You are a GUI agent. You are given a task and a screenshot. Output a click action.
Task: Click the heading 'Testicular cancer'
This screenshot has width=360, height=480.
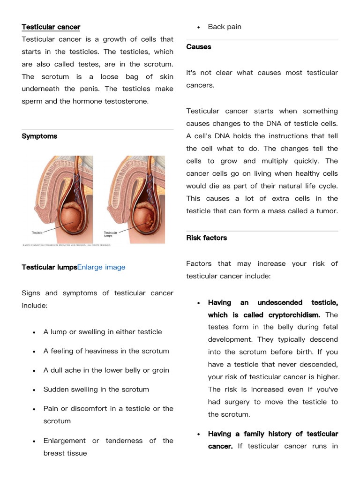pyautogui.click(x=51, y=27)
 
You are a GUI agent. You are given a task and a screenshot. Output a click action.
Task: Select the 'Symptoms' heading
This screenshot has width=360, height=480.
pyautogui.click(x=39, y=136)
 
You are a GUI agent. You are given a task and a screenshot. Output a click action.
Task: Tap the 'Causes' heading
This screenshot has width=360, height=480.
pyautogui.click(x=199, y=46)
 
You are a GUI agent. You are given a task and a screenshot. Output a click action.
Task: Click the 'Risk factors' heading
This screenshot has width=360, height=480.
pyautogui.click(x=206, y=238)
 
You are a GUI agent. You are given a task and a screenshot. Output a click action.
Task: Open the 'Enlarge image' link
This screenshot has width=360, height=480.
pyautogui.click(x=101, y=267)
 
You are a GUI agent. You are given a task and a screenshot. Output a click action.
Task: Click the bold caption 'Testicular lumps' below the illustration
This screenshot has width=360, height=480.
pyautogui.click(x=49, y=267)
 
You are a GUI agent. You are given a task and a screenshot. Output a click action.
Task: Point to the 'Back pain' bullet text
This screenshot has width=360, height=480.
pyautogui.click(x=225, y=27)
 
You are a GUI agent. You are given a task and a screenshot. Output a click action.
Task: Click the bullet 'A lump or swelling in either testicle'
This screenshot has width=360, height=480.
pyautogui.click(x=103, y=332)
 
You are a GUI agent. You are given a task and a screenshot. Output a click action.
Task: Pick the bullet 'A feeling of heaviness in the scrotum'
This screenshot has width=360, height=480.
pyautogui.click(x=106, y=351)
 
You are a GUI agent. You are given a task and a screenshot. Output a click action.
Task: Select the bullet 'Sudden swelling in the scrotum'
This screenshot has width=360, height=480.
pyautogui.click(x=96, y=390)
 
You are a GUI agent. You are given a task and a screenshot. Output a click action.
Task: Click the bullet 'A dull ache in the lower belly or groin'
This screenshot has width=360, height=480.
pyautogui.click(x=106, y=370)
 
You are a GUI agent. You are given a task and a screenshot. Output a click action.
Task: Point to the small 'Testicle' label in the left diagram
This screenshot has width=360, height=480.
pyautogui.click(x=37, y=232)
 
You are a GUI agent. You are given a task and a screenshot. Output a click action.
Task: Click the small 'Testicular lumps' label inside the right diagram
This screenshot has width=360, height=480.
pyautogui.click(x=110, y=234)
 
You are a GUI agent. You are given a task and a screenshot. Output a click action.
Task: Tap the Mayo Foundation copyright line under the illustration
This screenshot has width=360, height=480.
pyautogui.click(x=67, y=245)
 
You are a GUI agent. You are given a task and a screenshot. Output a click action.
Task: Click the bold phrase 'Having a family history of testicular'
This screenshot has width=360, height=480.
pyautogui.click(x=273, y=434)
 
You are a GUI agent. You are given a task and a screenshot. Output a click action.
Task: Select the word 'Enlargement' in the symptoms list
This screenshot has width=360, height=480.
pyautogui.click(x=64, y=441)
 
